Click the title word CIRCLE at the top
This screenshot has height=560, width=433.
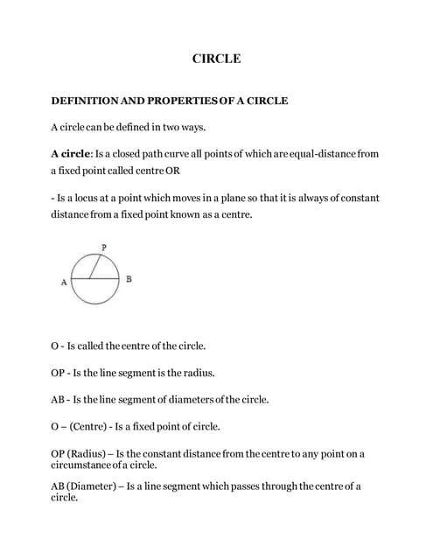216,59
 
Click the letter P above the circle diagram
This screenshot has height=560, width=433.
104,248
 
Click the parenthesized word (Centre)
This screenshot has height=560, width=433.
88,427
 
